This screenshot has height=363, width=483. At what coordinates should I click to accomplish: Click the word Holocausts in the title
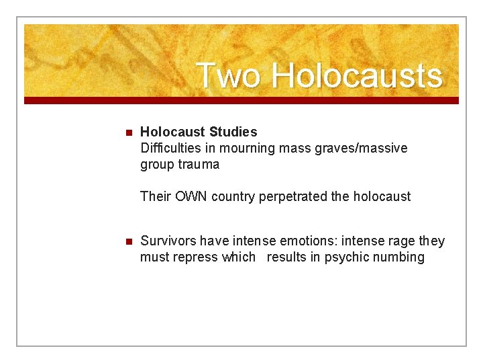pyautogui.click(x=357, y=75)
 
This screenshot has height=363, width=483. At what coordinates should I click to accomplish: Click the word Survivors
pyautogui.click(x=168, y=241)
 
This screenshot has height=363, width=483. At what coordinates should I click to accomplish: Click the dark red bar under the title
pyautogui.click(x=241, y=100)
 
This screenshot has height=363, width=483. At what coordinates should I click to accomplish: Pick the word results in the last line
pyautogui.click(x=286, y=257)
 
